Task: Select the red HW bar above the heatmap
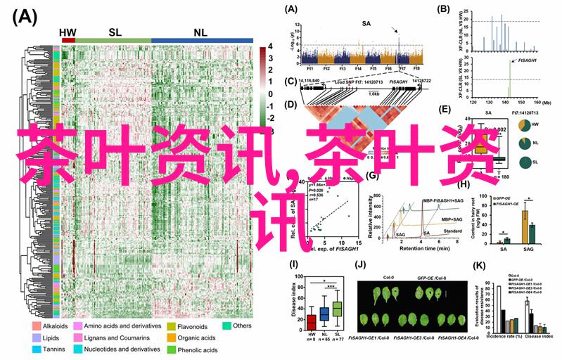tap(68, 40)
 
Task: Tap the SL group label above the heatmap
tap(115, 32)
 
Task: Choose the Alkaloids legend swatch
tap(36, 326)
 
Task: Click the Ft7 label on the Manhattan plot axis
tap(401, 69)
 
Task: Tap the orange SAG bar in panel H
tap(524, 226)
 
